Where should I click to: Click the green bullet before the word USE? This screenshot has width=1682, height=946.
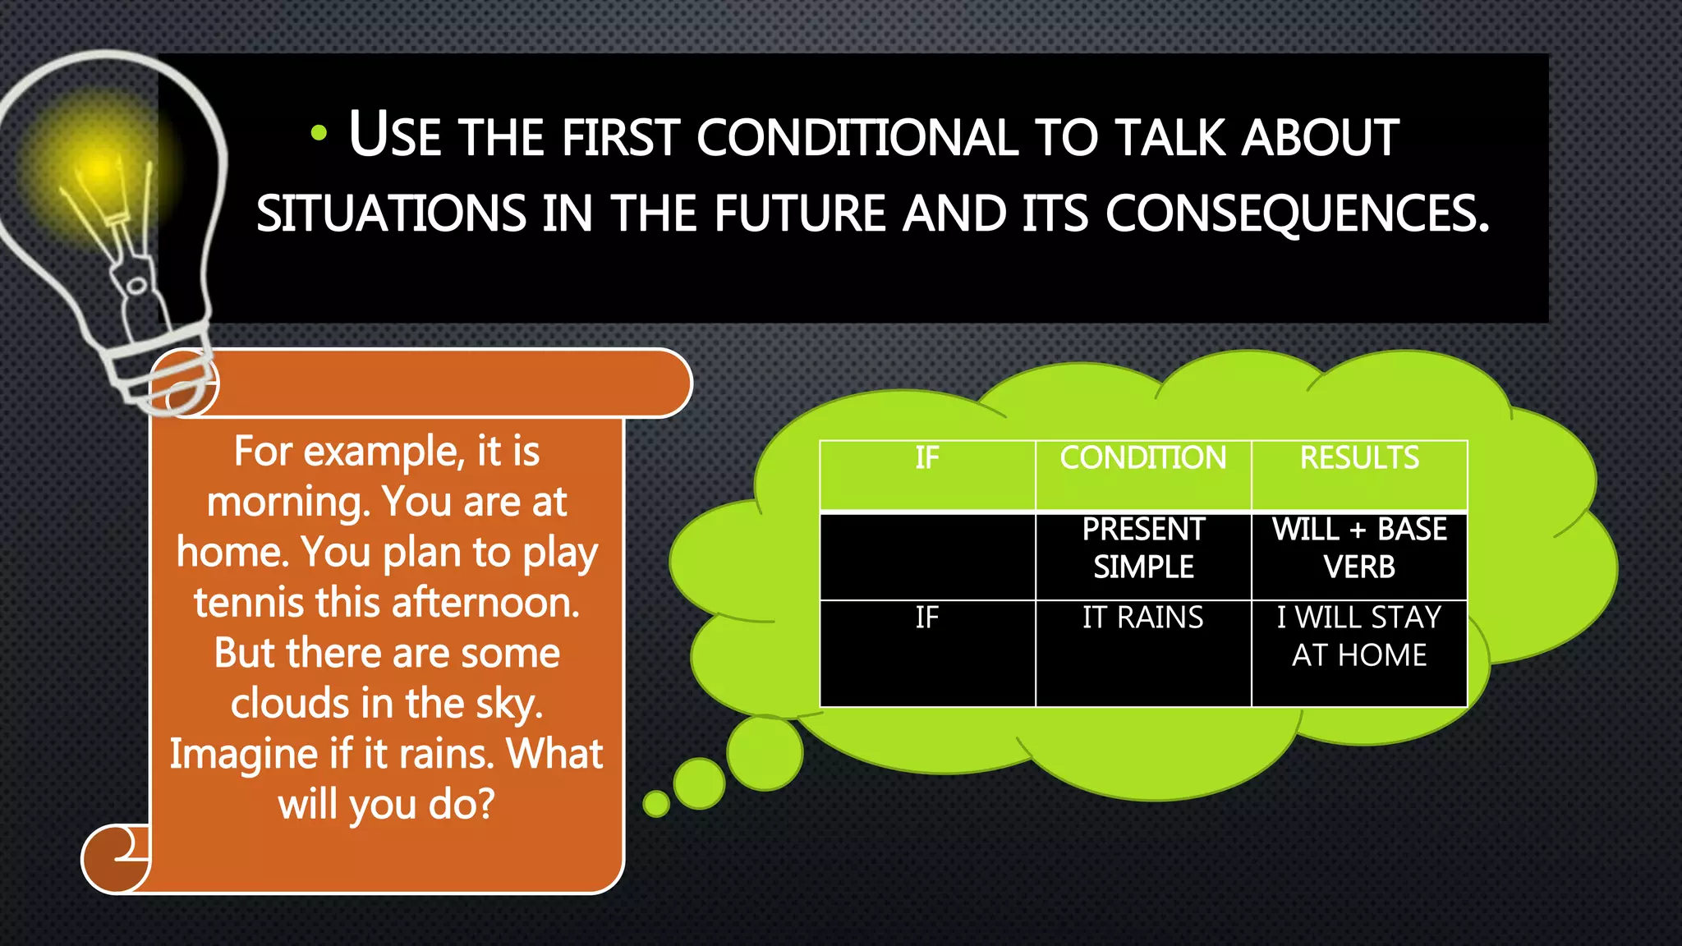(x=319, y=133)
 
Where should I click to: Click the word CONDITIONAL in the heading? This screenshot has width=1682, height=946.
(x=857, y=137)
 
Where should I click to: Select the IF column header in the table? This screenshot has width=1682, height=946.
(x=926, y=458)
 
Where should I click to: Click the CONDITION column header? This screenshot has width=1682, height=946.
(x=1142, y=458)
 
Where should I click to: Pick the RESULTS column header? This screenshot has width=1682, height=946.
(x=1359, y=458)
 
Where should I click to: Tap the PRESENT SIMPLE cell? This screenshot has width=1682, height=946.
(x=1142, y=549)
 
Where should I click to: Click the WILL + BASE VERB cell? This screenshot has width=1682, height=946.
(x=1359, y=549)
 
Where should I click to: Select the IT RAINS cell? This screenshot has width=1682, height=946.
(x=1142, y=618)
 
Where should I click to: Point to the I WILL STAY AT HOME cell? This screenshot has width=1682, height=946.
(x=1359, y=636)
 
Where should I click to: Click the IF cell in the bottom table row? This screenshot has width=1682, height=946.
(x=926, y=618)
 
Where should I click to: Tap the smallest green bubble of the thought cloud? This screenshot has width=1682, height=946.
(x=656, y=804)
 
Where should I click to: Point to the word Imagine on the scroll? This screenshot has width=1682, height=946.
(x=244, y=755)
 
